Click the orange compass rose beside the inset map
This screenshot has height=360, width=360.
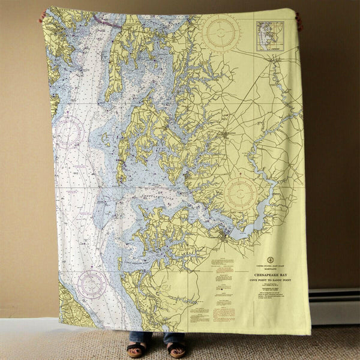click(221, 32)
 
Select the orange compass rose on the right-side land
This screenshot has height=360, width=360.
click(241, 193)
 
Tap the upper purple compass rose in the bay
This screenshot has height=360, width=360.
click(68, 131)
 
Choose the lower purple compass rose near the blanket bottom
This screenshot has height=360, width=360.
click(92, 284)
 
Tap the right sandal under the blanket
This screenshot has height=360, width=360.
click(177, 349)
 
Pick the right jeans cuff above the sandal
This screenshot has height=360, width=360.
click(175, 337)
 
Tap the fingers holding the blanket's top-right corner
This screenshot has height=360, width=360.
click(299, 21)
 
